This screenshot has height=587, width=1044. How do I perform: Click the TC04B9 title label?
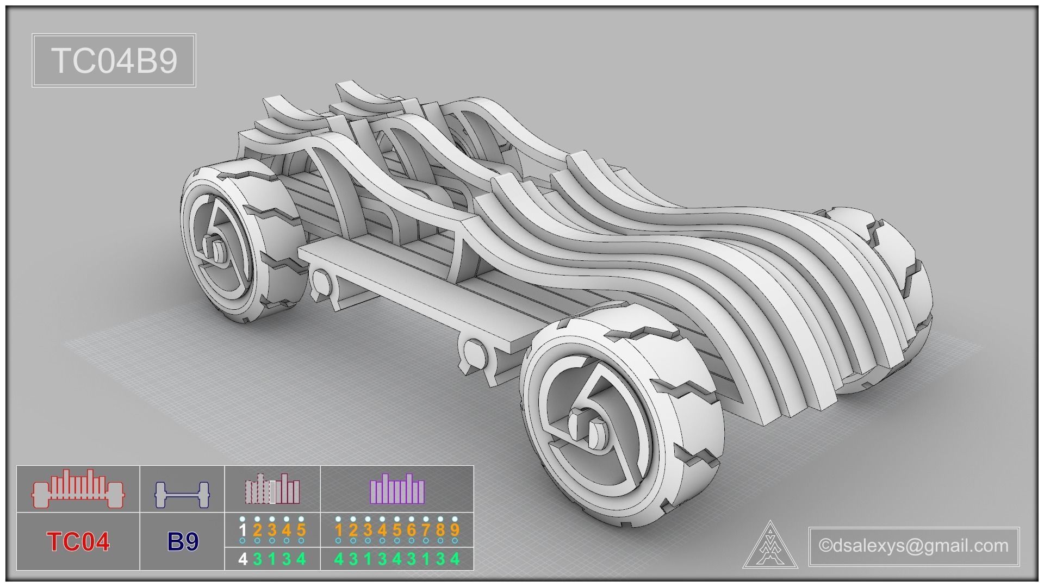click(114, 60)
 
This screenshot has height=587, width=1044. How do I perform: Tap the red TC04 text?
click(78, 542)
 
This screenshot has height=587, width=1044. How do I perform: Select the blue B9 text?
click(183, 542)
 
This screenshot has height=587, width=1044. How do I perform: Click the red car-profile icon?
click(78, 489)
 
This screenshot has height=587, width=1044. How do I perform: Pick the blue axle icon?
click(182, 494)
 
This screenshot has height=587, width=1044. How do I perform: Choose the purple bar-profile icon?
click(397, 488)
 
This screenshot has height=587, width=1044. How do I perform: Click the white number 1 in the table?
click(243, 530)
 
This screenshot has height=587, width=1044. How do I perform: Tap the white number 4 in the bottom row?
click(243, 559)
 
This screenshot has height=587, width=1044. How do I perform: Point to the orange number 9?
click(455, 530)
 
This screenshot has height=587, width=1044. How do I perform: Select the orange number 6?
click(411, 530)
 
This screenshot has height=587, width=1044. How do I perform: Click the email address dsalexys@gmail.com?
click(913, 545)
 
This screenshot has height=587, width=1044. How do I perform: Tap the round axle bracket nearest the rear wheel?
click(321, 282)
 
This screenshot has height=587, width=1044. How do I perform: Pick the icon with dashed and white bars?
click(272, 489)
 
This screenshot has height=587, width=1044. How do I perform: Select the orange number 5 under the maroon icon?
click(301, 530)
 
